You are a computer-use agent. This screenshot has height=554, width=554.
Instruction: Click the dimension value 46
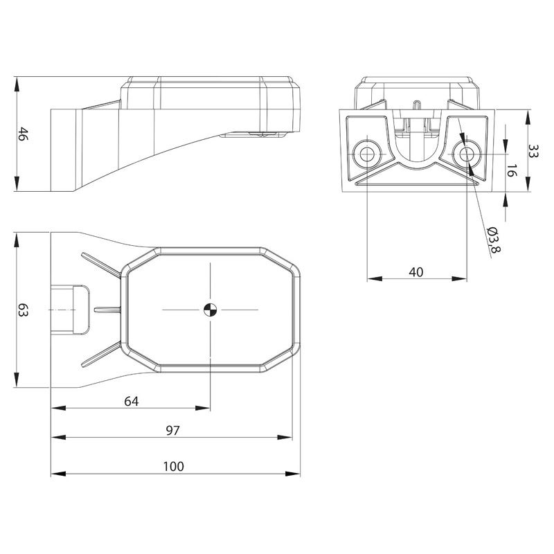[23, 134]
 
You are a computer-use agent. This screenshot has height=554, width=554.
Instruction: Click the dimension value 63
[23, 310]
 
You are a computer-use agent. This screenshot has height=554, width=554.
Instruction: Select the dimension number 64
[132, 402]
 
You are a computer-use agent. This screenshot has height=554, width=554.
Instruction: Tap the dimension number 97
[172, 430]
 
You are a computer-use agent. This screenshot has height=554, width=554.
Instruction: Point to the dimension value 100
[174, 466]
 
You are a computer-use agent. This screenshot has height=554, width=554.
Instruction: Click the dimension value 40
[416, 272]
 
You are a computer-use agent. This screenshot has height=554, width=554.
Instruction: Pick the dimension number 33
[533, 151]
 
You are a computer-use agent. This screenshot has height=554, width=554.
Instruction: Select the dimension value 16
[512, 170]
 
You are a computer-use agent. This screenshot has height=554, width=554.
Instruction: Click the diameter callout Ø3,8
[493, 240]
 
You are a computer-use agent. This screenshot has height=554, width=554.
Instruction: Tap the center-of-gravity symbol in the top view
[211, 310]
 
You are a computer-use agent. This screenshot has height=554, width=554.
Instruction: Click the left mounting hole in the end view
[367, 154]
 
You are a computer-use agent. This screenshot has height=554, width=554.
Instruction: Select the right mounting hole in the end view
[466, 154]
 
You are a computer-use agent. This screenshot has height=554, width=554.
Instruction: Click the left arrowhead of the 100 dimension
[59, 474]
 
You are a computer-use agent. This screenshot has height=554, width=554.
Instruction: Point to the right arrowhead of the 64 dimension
[203, 408]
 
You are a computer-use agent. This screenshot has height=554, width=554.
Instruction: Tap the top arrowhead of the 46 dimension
[17, 84]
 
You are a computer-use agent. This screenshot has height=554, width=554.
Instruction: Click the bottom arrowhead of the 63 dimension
[17, 379]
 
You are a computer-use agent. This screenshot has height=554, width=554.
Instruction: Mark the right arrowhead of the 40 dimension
[459, 279]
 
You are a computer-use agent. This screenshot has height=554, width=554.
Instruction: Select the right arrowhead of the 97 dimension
[285, 438]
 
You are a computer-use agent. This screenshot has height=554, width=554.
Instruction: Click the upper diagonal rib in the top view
[101, 266]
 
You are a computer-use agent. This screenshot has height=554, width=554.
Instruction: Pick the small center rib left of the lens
[108, 310]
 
